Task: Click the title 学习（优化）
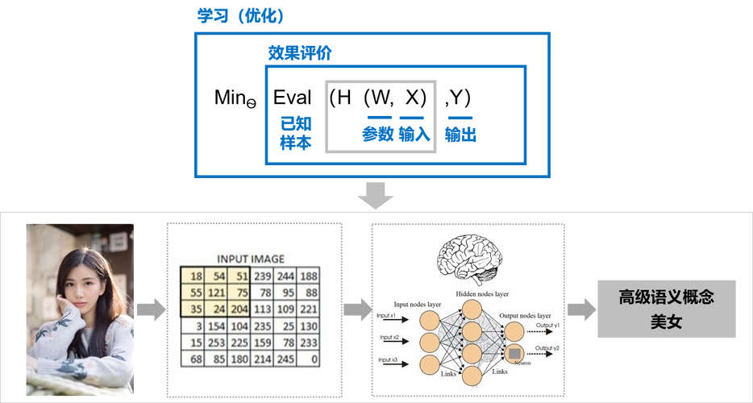point(241,16)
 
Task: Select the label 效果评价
point(300,52)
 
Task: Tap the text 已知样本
point(295,133)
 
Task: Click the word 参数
point(377,135)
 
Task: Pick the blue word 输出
point(460,135)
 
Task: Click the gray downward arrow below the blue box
point(376,196)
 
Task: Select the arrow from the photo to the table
point(150,310)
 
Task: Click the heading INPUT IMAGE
point(249,260)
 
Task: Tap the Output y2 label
point(546,347)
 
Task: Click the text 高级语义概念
point(655,297)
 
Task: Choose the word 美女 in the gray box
point(655,322)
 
